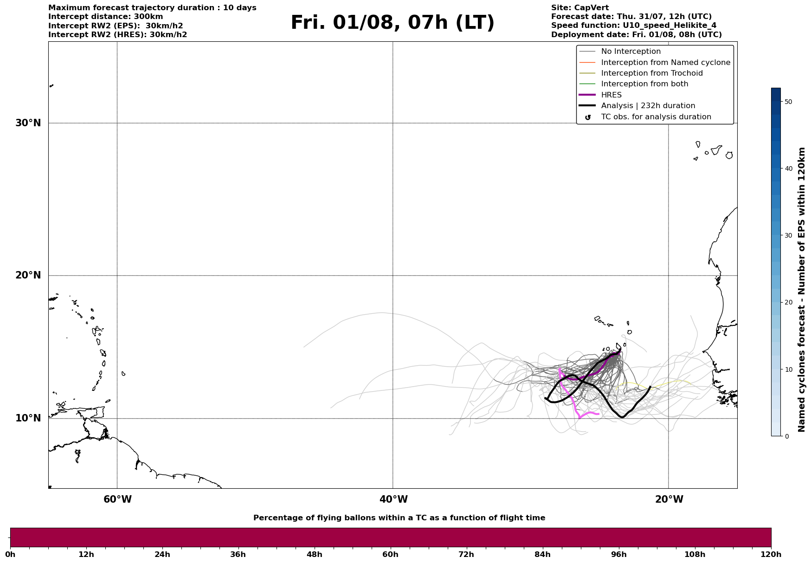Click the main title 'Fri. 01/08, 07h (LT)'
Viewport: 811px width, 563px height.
tap(393, 23)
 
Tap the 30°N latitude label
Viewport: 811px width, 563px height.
tap(28, 123)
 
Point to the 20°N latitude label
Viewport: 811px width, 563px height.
tap(28, 275)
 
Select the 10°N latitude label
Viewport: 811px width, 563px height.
tap(28, 418)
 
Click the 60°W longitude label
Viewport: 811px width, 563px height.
tap(117, 499)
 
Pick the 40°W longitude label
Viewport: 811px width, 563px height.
tap(393, 499)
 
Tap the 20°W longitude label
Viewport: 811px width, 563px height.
tap(669, 499)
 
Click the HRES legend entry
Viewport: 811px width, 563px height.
tap(611, 95)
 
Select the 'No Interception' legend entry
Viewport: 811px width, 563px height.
tap(631, 52)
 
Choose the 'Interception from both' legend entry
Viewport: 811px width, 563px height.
tap(644, 84)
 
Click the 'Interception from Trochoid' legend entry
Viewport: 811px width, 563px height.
tap(652, 73)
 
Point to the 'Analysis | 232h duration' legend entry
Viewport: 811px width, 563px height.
tap(648, 106)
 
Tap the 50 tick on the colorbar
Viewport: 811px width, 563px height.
tap(788, 102)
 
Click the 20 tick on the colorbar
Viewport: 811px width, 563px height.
tap(788, 302)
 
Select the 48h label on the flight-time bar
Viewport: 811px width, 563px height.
tap(314, 555)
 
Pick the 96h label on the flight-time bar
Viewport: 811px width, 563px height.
tap(618, 555)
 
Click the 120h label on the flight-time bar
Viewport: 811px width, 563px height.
tap(771, 555)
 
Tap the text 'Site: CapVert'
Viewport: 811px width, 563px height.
tap(579, 8)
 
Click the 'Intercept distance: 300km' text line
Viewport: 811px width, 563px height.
tap(105, 17)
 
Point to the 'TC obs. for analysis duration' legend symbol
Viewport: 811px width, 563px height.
tap(587, 117)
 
